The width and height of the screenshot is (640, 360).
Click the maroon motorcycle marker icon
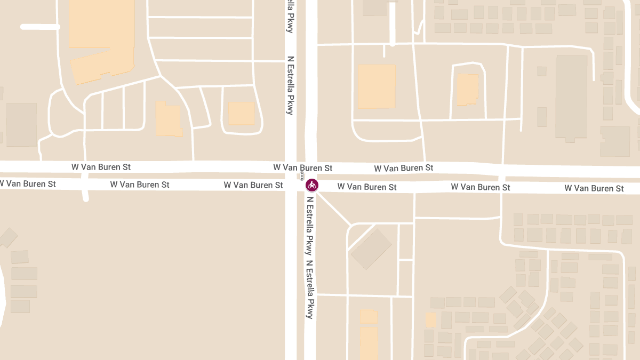(x=312, y=185)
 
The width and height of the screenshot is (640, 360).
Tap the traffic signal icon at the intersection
(x=302, y=176)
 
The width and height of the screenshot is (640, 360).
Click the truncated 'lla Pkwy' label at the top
(x=290, y=16)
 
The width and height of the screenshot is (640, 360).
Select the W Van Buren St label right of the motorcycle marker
(x=367, y=187)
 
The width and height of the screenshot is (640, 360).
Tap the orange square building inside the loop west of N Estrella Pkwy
(x=242, y=114)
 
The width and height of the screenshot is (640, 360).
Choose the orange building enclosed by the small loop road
(x=468, y=90)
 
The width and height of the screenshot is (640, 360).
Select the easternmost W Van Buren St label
(x=594, y=188)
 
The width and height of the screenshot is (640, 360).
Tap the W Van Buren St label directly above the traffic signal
(x=303, y=167)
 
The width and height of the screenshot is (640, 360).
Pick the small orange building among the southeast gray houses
(x=431, y=319)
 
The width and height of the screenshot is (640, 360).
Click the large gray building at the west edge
(x=21, y=125)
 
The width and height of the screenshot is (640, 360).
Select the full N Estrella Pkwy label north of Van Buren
(x=290, y=85)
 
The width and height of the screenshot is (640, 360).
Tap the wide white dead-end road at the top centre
(x=393, y=24)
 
